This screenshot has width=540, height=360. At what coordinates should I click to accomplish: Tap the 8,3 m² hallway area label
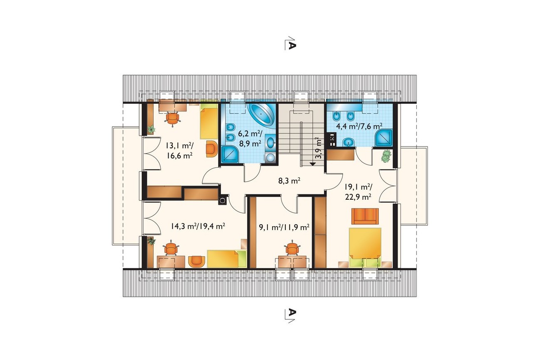point(289,181)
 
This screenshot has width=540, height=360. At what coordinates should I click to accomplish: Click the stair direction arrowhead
point(313,164)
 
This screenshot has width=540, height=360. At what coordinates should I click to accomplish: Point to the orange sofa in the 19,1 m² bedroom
point(365,216)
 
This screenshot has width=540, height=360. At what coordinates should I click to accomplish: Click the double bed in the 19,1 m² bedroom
point(365,247)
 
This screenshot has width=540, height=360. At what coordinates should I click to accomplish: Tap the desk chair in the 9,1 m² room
point(292,248)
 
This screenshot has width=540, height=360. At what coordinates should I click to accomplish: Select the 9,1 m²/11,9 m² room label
point(284,227)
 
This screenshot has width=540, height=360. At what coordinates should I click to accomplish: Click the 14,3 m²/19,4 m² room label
point(198,226)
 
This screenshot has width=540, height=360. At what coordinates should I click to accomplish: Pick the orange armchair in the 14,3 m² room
point(197,262)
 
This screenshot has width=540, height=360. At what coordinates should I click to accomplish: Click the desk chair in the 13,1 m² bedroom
point(173,119)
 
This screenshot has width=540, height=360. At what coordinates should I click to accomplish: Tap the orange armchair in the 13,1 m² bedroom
point(212,149)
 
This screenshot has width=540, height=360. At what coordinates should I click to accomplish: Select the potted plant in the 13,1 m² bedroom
point(151,130)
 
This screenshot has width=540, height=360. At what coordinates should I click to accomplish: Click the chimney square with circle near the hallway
point(223,200)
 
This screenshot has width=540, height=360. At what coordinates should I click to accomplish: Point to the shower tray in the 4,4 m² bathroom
point(383,138)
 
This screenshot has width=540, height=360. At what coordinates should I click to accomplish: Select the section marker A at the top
point(290,44)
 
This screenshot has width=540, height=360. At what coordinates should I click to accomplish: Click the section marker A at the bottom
point(290,316)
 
